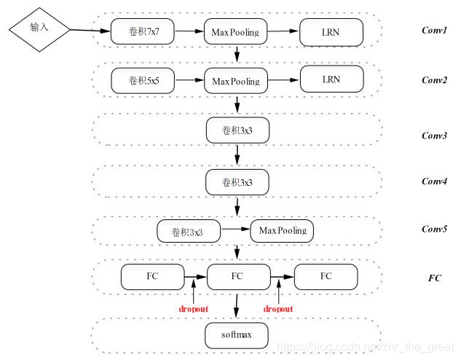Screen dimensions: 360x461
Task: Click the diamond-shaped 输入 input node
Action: (39, 28)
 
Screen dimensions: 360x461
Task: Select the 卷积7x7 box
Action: (143, 31)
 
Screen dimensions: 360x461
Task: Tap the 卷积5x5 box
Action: (143, 80)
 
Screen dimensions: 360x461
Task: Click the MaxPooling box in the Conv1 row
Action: (237, 31)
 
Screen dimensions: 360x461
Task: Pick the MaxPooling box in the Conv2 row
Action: (237, 80)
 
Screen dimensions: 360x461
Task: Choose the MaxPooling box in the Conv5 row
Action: (282, 232)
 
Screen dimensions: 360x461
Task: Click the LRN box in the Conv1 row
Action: (331, 31)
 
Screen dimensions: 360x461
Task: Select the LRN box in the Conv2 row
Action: (331, 79)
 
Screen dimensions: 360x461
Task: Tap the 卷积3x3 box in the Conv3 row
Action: (237, 130)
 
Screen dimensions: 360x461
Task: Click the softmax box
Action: (237, 336)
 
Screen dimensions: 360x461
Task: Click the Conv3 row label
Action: (435, 136)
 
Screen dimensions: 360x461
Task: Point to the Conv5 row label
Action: (435, 229)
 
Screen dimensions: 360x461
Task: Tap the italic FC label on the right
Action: (435, 278)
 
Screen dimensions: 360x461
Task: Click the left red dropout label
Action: (193, 309)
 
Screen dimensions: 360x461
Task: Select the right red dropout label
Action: (279, 309)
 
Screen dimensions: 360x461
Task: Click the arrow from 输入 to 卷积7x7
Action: (90, 31)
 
